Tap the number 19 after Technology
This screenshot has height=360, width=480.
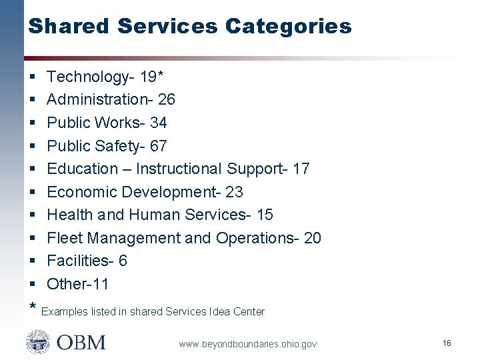[x=148, y=77]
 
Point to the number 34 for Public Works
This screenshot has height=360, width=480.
[x=159, y=123]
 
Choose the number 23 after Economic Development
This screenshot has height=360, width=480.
[x=235, y=192]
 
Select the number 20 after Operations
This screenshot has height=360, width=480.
[x=312, y=238]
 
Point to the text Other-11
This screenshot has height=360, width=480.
[x=78, y=284]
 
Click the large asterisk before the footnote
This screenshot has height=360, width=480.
[x=33, y=308]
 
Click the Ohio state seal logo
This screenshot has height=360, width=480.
[x=38, y=343]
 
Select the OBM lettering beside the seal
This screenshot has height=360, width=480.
[x=81, y=343]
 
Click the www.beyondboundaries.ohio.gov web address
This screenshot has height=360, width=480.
[x=247, y=344]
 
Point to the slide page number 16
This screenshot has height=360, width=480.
[x=447, y=343]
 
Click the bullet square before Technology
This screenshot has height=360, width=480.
[x=33, y=77]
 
